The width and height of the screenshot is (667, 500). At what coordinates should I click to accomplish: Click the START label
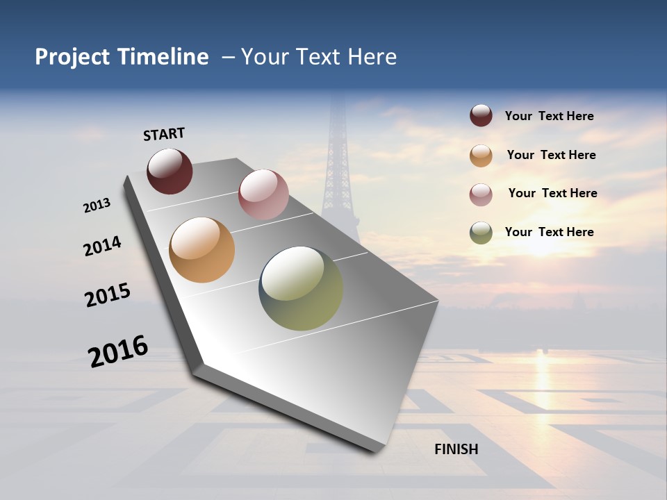[164, 134]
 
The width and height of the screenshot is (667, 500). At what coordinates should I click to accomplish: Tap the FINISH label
[456, 449]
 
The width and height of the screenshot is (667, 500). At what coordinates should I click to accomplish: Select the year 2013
[97, 206]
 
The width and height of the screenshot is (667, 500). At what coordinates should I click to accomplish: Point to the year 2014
[102, 247]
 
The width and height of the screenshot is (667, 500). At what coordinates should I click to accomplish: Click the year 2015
[108, 295]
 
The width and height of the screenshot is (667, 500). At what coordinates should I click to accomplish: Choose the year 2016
[118, 351]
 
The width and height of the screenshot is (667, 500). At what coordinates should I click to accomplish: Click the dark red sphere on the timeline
[170, 171]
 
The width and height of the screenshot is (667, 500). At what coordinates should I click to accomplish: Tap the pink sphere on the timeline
[263, 194]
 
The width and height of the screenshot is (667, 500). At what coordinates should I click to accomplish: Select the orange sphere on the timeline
[201, 250]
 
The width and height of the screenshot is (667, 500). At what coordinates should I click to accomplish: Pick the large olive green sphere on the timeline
[301, 288]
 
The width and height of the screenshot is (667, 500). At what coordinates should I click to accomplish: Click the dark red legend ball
[481, 116]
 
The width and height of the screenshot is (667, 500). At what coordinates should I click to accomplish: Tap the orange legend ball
[481, 155]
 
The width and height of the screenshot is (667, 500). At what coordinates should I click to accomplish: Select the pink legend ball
[481, 194]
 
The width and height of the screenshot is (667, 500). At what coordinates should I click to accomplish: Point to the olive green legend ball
[481, 233]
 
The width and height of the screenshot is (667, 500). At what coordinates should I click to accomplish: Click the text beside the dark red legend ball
[549, 116]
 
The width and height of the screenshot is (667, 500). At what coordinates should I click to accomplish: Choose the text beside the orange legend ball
[551, 155]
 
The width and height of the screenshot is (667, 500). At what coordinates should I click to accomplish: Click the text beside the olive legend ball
[549, 232]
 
